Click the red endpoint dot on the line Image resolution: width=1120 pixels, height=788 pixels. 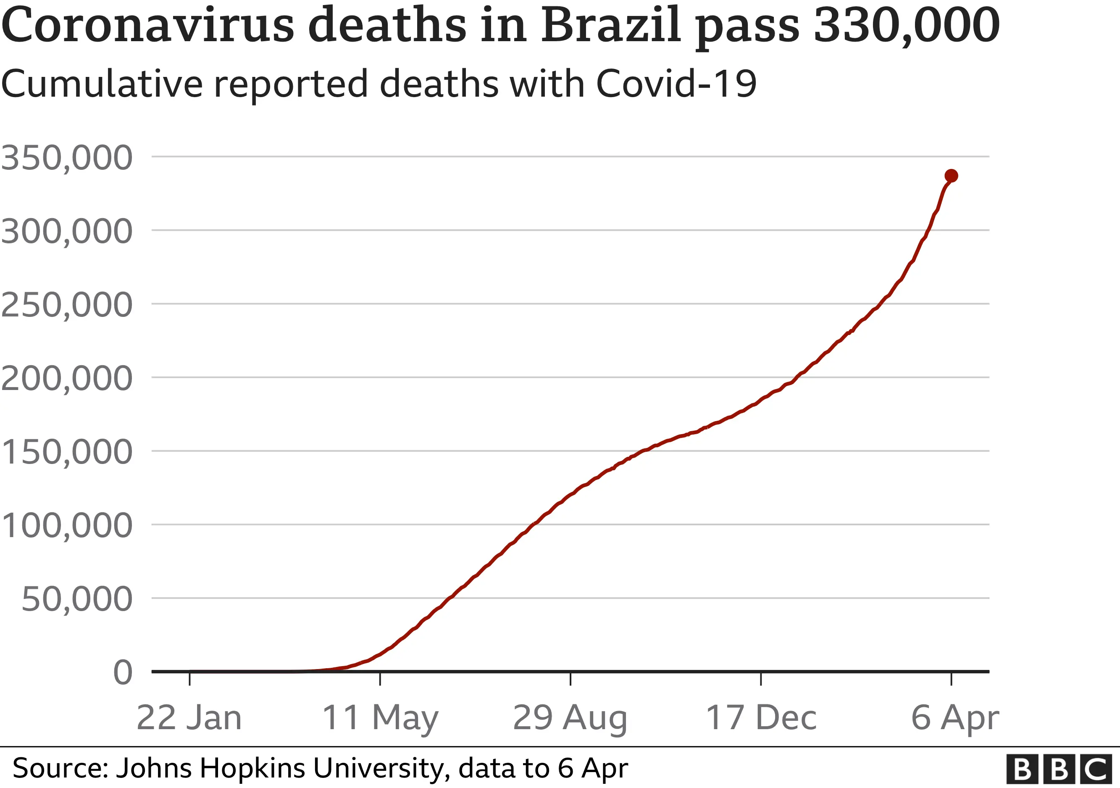951,176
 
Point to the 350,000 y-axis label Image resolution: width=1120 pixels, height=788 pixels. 67,158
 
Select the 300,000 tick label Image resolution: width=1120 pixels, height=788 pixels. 67,231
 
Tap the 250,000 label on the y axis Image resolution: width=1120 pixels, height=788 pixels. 67,305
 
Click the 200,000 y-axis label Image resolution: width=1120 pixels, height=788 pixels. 67,379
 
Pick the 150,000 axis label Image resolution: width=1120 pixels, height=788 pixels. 67,452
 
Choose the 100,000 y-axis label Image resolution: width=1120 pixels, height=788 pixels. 67,526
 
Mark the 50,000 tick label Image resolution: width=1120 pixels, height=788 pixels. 77,600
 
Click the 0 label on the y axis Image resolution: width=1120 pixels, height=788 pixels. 122,673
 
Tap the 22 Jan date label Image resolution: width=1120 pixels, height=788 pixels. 189,718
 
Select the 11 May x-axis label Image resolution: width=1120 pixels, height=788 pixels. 380,718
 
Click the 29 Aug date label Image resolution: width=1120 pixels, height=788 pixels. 570,718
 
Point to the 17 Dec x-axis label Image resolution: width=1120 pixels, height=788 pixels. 761,718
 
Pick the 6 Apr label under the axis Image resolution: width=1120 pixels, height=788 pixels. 954,718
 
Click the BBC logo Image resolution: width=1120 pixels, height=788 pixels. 1059,770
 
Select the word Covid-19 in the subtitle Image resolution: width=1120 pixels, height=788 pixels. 676,84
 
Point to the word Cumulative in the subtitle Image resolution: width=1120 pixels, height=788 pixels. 102,84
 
